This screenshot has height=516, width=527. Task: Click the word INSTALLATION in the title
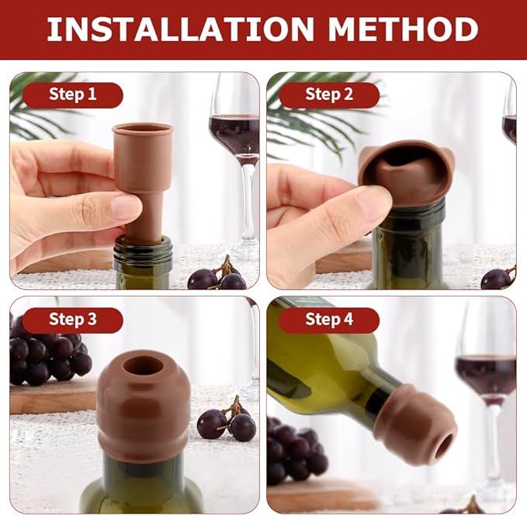pyautogui.click(x=180, y=29)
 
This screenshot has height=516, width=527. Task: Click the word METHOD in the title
pyautogui.click(x=403, y=29)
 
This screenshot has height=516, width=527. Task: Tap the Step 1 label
pyautogui.click(x=72, y=95)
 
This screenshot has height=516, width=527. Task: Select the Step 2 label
pyautogui.click(x=329, y=95)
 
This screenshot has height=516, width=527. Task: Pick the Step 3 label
pyautogui.click(x=72, y=320)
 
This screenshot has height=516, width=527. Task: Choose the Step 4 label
pyautogui.click(x=329, y=320)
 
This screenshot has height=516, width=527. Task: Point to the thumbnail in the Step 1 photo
pyautogui.click(x=126, y=207)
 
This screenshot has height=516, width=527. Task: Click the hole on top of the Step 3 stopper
pyautogui.click(x=144, y=366)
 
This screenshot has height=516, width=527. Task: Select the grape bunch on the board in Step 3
pyautogui.click(x=47, y=357)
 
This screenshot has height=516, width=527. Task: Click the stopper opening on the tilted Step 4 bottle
pyautogui.click(x=445, y=445)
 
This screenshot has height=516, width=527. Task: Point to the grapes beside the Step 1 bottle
pyautogui.click(x=217, y=275)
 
